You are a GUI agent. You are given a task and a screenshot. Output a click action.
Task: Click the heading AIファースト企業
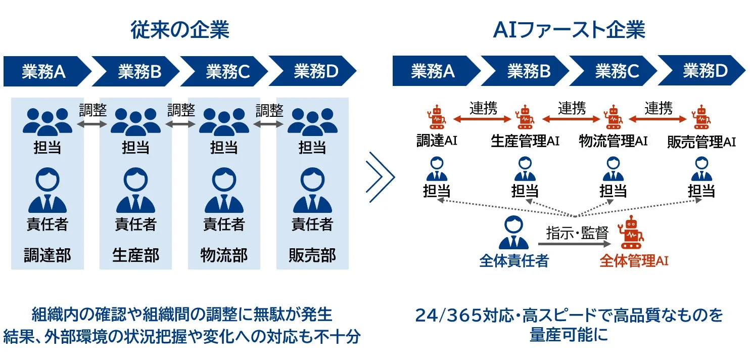click(569, 30)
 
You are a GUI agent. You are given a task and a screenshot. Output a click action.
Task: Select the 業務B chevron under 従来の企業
click(139, 72)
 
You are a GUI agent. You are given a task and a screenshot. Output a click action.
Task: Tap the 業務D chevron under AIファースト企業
click(704, 71)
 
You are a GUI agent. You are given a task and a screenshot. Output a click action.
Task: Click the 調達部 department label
click(48, 255)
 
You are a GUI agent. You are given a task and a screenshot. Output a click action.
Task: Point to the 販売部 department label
click(312, 255)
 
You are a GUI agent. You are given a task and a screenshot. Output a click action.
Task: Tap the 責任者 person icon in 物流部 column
click(224, 191)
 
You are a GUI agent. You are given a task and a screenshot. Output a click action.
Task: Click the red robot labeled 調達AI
click(436, 117)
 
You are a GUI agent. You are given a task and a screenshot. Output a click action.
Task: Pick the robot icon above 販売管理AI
click(701, 117)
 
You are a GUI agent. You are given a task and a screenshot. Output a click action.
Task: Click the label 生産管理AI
click(525, 141)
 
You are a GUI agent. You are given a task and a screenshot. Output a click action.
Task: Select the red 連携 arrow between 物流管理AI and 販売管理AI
click(658, 119)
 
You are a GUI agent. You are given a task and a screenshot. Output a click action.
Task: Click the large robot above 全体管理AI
click(630, 233)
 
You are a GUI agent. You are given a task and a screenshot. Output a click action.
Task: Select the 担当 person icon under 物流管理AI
click(613, 169)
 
